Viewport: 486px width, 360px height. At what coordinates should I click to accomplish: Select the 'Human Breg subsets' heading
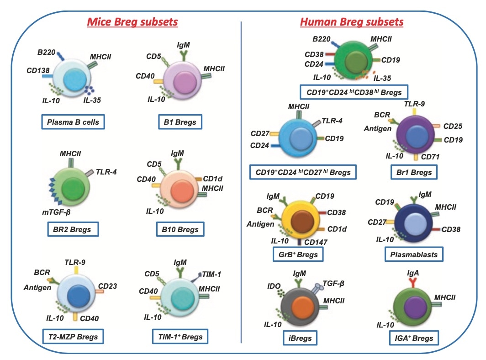point(352,21)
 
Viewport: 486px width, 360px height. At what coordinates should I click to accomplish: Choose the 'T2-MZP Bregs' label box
point(73,337)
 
